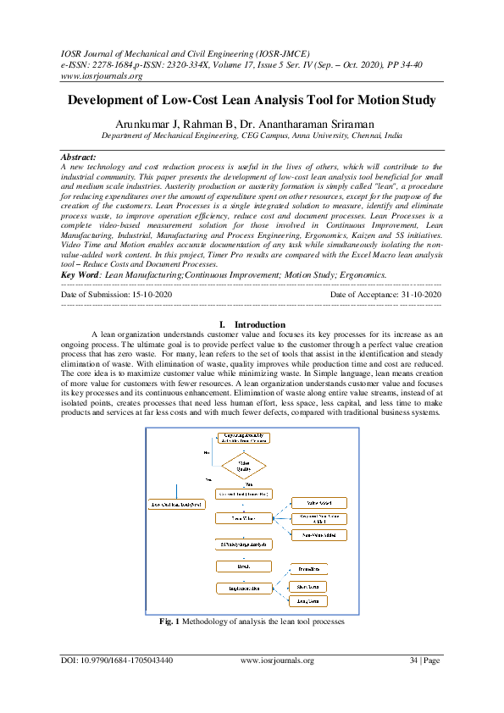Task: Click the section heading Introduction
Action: [x=260, y=324]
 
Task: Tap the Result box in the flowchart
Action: [x=242, y=566]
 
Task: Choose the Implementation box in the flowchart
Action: [x=242, y=588]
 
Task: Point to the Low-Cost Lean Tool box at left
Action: [x=177, y=505]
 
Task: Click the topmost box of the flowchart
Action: [x=243, y=438]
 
